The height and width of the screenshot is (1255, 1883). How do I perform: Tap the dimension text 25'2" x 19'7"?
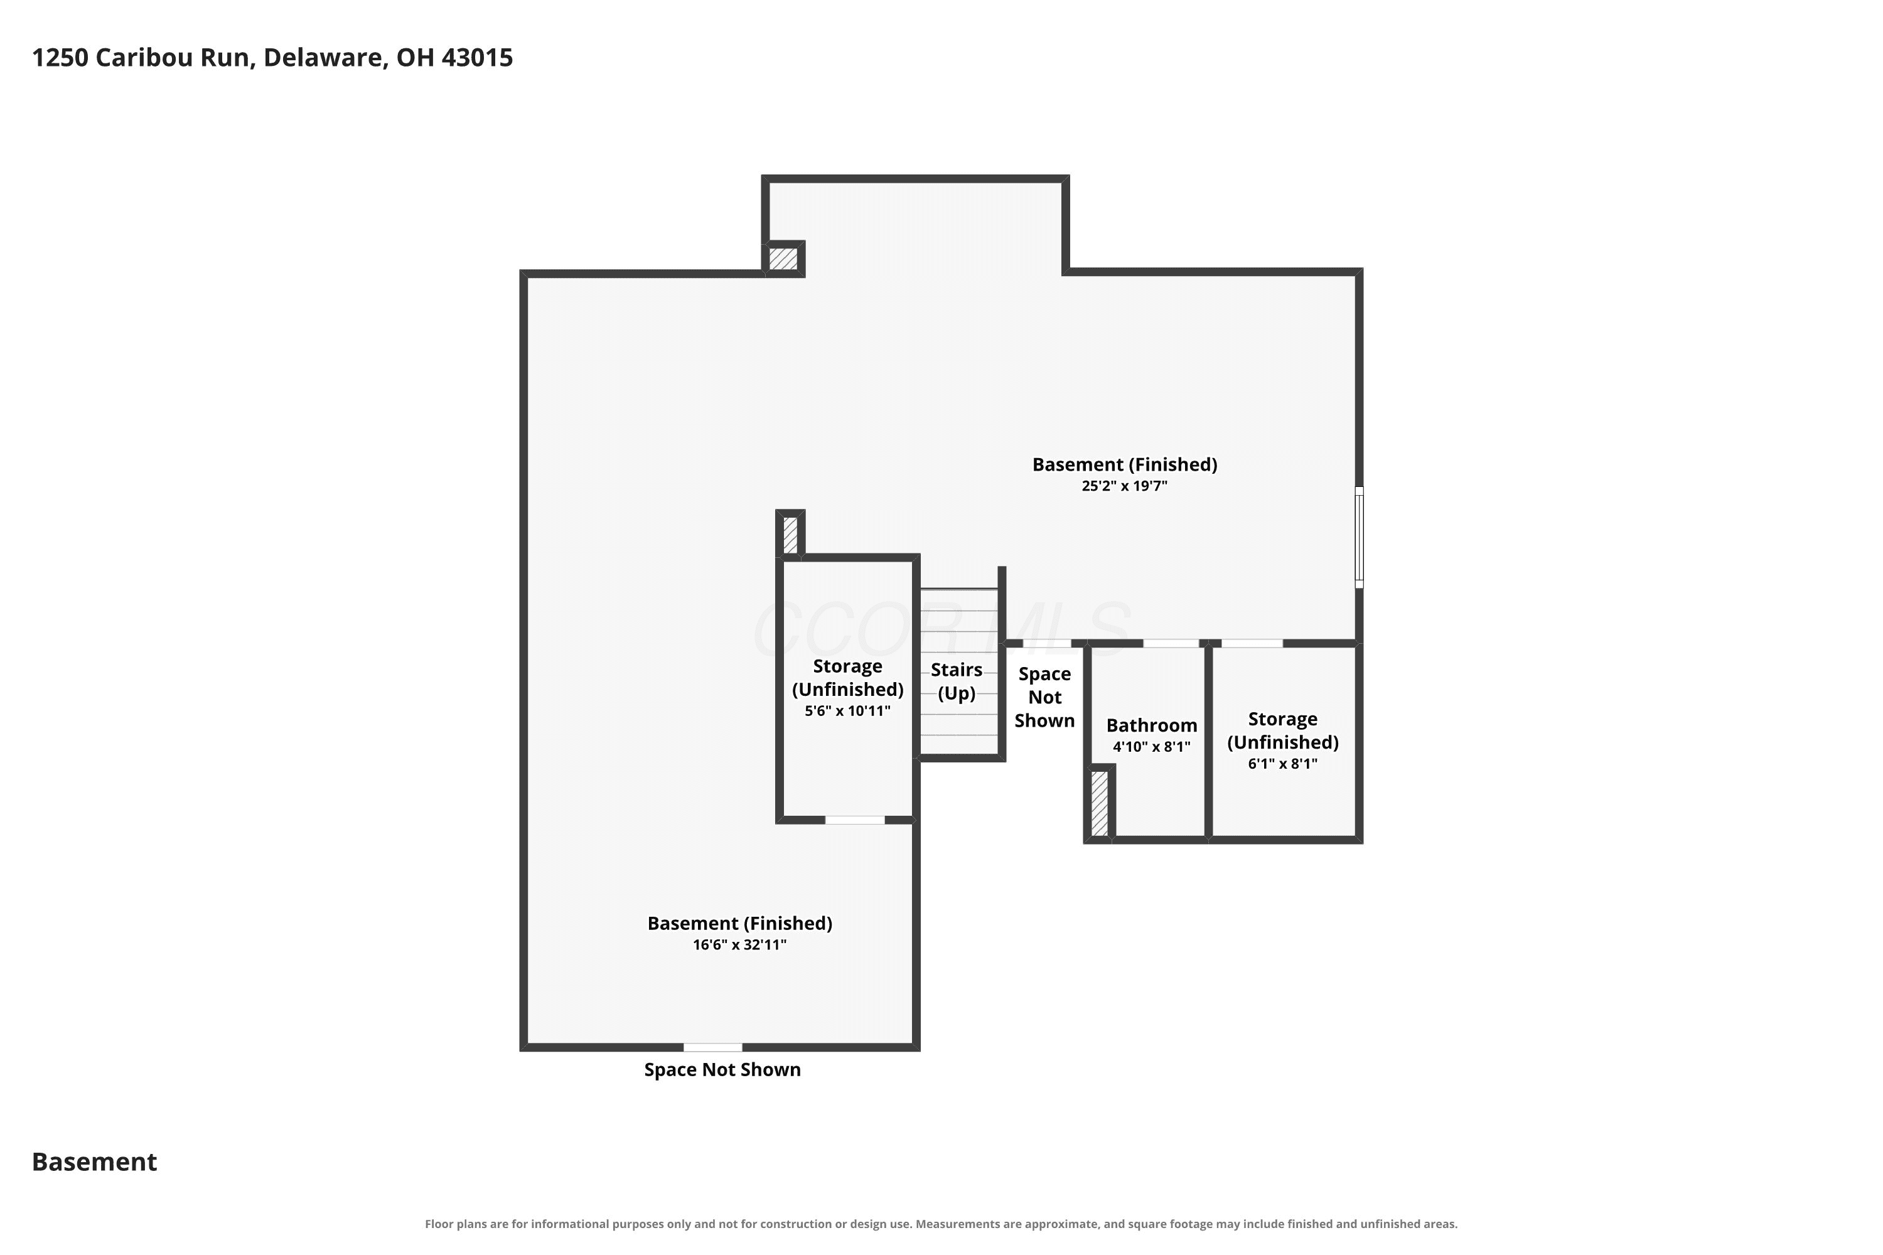click(1124, 486)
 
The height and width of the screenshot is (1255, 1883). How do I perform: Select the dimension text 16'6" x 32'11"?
click(740, 944)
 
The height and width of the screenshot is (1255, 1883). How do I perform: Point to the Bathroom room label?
click(1151, 725)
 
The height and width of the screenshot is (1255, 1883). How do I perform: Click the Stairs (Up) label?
click(957, 681)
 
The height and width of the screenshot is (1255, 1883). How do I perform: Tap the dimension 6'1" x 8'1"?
click(1282, 764)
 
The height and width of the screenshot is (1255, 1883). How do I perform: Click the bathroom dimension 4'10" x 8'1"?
click(1151, 747)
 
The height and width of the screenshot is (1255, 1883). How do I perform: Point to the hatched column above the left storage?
click(790, 535)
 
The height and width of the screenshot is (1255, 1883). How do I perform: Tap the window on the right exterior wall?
click(1359, 537)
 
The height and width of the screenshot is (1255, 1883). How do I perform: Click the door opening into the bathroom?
click(1171, 644)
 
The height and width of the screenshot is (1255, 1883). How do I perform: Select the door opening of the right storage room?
click(1252, 644)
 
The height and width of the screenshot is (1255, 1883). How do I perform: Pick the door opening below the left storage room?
click(855, 820)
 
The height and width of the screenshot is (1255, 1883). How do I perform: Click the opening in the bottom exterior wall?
click(712, 1047)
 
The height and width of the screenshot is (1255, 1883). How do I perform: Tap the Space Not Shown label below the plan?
click(722, 1070)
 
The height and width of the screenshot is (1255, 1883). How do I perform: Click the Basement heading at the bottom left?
click(95, 1162)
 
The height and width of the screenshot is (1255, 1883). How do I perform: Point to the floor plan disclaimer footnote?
click(941, 1224)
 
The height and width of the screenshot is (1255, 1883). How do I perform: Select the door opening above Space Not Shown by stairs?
click(1046, 644)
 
